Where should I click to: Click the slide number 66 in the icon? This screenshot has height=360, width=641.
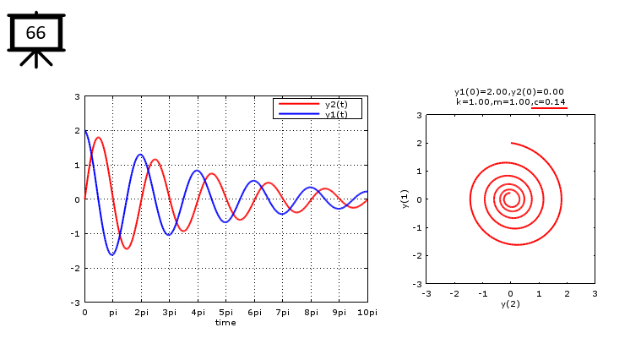click(35, 33)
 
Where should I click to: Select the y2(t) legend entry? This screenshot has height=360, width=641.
click(335, 104)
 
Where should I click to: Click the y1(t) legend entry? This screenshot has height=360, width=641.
click(335, 113)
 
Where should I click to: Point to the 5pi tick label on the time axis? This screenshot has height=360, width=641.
click(225, 312)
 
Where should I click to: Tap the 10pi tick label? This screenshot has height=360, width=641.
click(367, 312)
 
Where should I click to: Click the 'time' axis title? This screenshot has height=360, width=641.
click(225, 322)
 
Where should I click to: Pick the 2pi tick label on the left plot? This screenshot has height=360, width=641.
click(141, 312)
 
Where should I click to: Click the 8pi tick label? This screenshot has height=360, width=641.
click(311, 312)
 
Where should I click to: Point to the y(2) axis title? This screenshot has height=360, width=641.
click(509, 303)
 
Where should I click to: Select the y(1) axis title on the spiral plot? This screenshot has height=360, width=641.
click(406, 199)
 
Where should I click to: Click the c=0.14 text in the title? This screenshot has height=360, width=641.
click(549, 101)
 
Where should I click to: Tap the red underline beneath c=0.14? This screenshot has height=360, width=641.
click(549, 108)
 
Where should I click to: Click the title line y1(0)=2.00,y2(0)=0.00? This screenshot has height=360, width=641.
click(509, 91)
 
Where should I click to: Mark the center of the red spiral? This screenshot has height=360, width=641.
click(509, 199)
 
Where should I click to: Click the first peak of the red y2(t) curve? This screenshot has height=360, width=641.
click(98, 138)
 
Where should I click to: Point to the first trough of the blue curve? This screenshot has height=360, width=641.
click(111, 254)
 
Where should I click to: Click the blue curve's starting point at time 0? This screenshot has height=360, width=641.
click(85, 131)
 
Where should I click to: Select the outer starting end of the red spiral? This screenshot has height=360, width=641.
click(511, 143)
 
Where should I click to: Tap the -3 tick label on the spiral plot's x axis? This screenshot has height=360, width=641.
click(426, 293)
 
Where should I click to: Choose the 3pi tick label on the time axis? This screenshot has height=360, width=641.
click(169, 312)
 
